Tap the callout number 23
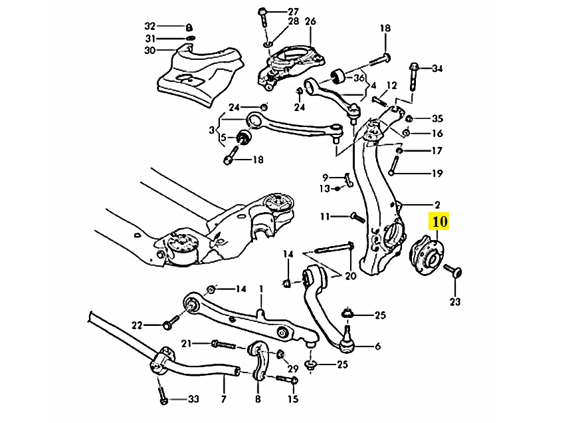tap(454, 303)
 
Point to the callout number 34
tap(436, 69)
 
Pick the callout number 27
tap(294, 12)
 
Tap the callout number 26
tap(310, 21)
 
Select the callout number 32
tap(150, 26)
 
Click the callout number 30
tap(149, 51)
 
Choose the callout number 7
tap(224, 399)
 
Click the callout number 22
tap(137, 325)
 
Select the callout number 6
tap(377, 347)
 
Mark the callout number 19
tap(436, 174)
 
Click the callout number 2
tap(437, 204)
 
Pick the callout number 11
tap(324, 216)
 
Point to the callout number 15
tap(293, 399)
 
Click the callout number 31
tap(150, 38)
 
